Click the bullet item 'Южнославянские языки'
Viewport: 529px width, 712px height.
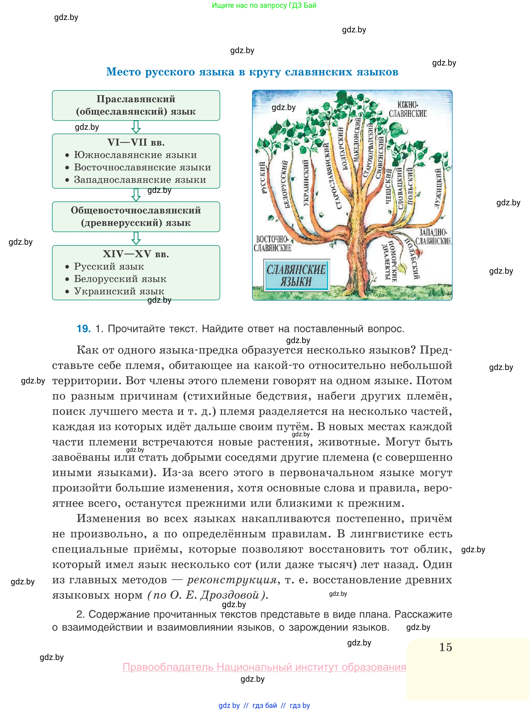pos(135,155)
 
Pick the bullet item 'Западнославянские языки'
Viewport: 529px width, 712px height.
pos(140,180)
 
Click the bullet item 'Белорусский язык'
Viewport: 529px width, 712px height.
pos(120,279)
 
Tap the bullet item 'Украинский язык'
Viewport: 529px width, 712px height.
pos(119,291)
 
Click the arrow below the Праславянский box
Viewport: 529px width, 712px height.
pos(136,127)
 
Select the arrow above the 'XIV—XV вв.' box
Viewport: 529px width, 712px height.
pos(136,238)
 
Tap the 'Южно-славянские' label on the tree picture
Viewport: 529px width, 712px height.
pos(408,110)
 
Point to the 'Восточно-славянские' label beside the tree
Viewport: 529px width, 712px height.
pos(272,243)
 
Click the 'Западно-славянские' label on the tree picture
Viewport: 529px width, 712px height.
pos(433,237)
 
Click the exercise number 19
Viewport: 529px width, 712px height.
pos(84,329)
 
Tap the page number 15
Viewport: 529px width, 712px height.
pos(445,647)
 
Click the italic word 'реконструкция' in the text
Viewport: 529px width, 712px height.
pos(232,580)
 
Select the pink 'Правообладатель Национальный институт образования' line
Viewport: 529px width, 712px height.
pos(264,667)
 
